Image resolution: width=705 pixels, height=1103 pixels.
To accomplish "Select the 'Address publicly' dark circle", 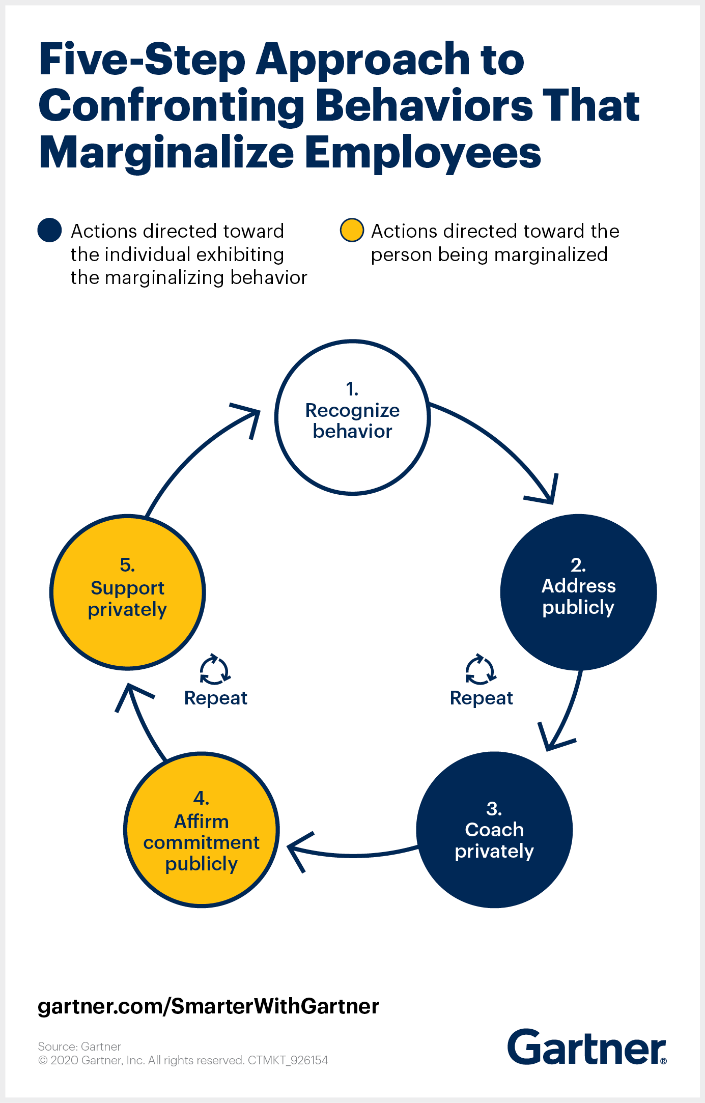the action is click(578, 592).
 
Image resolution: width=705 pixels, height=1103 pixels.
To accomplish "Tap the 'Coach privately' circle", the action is click(494, 830).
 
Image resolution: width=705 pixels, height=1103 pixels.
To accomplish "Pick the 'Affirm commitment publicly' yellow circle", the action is click(202, 830).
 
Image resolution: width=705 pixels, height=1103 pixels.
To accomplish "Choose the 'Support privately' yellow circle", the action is click(127, 592).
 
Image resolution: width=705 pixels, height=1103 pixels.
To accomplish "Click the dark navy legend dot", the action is click(49, 230).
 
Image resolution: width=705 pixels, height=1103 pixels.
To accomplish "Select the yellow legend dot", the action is click(352, 230).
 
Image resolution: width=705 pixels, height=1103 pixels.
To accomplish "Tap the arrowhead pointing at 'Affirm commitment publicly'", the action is click(298, 850).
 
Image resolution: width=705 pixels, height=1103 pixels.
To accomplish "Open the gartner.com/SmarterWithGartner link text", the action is click(209, 1006).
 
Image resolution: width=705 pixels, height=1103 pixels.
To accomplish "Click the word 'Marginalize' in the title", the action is click(166, 152).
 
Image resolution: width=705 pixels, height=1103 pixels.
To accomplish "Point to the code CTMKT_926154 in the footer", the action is click(288, 1060).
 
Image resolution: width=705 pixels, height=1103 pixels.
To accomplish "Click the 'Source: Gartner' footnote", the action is click(79, 1047).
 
